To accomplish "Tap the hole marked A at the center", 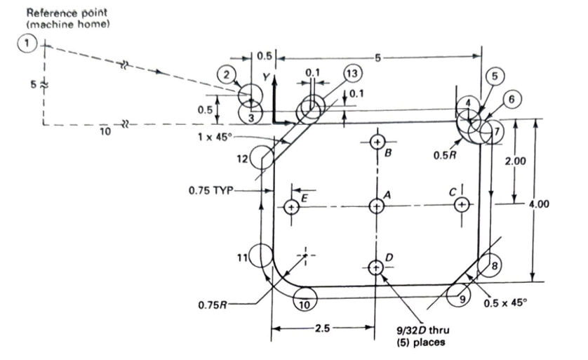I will pyautogui.click(x=377, y=206).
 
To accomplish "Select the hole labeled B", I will pyautogui.click(x=377, y=142).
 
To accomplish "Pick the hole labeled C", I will pyautogui.click(x=461, y=204).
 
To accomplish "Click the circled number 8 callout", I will pyautogui.click(x=496, y=266).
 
